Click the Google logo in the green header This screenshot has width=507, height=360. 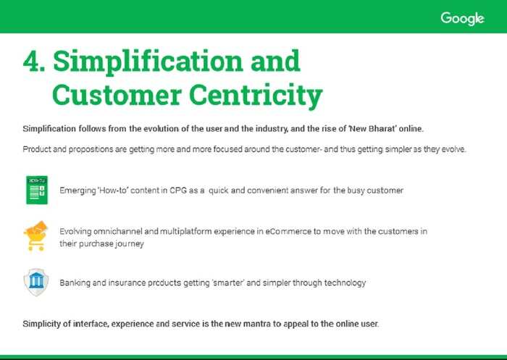pyautogui.click(x=462, y=18)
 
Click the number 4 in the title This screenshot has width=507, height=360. pyautogui.click(x=31, y=61)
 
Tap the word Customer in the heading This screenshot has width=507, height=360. pyautogui.click(x=117, y=94)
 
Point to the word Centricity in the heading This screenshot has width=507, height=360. pyautogui.click(x=256, y=96)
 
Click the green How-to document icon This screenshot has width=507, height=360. pyautogui.click(x=37, y=190)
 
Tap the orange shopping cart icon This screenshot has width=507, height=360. pyautogui.click(x=35, y=236)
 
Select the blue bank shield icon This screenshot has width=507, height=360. pyautogui.click(x=36, y=282)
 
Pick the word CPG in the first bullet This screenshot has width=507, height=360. pyautogui.click(x=178, y=191)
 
